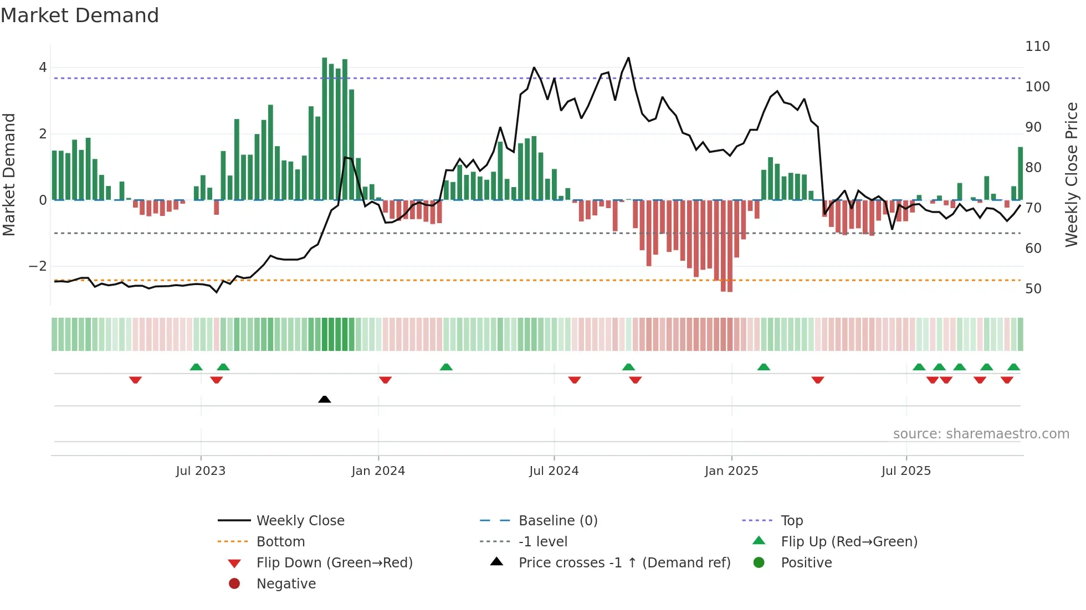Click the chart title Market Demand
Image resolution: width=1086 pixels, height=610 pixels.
click(80, 15)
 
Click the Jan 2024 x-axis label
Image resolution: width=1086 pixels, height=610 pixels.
click(378, 471)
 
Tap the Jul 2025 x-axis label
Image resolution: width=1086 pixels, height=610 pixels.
click(906, 471)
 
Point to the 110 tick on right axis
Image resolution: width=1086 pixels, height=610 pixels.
click(1037, 46)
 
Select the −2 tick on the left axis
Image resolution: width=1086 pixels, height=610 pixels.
click(38, 266)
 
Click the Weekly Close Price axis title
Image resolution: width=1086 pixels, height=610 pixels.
click(1072, 174)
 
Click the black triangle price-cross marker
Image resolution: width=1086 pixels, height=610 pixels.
click(325, 399)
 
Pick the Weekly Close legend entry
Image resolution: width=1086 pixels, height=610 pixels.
click(300, 521)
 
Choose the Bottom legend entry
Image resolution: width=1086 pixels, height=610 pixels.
click(280, 542)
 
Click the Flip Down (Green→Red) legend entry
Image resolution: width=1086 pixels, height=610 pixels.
click(334, 563)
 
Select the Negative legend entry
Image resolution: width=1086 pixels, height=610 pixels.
click(286, 584)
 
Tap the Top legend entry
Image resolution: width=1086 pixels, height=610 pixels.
click(791, 521)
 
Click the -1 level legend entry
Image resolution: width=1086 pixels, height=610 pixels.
click(542, 542)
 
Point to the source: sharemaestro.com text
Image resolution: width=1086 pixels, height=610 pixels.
click(981, 434)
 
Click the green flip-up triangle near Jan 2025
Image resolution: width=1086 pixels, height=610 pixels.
click(764, 367)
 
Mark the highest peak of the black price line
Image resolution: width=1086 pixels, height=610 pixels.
click(628, 58)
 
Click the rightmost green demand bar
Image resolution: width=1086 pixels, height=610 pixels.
click(1021, 173)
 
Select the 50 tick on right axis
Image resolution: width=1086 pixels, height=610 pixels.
click(1033, 289)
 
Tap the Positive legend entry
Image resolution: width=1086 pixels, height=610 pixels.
click(806, 563)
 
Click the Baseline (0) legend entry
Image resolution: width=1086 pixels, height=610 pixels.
click(557, 521)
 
